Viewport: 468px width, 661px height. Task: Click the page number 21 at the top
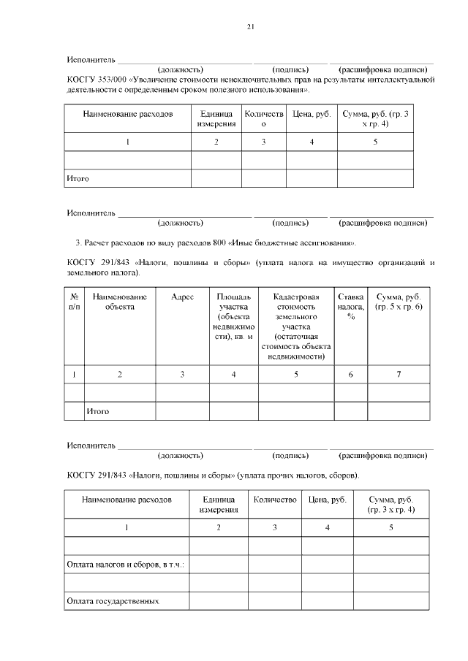250,27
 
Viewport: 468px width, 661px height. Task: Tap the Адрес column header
182,297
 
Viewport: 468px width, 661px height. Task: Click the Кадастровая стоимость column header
296,326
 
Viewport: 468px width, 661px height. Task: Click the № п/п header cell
75,302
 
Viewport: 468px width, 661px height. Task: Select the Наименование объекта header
120,302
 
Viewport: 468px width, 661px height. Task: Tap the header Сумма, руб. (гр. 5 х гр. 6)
398,302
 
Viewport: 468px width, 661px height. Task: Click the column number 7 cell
399,375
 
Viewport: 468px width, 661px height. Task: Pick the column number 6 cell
350,375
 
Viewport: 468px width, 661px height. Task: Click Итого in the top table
78,178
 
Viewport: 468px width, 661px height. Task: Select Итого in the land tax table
97,412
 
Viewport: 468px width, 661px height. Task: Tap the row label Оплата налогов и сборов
125,565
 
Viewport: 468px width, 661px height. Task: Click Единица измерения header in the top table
216,119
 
